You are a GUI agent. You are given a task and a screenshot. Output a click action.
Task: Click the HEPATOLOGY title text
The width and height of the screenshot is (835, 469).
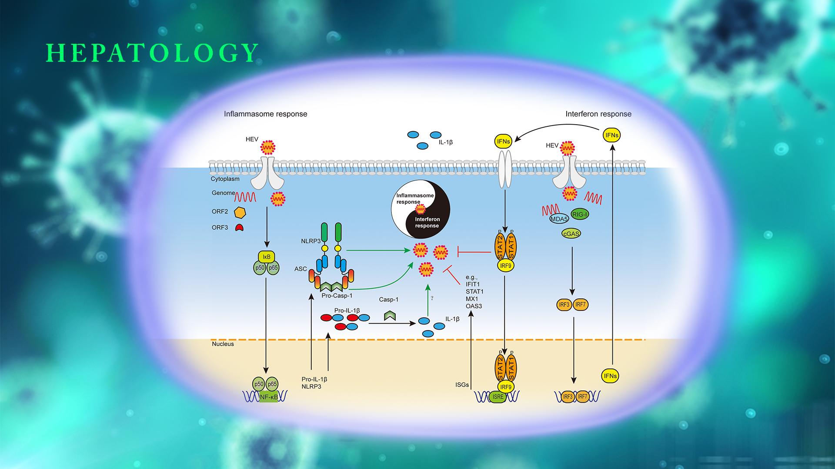tap(152, 53)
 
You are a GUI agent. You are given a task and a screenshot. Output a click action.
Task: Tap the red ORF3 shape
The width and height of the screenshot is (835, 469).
tap(239, 227)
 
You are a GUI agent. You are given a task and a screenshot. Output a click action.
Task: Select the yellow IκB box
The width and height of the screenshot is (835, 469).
tap(266, 257)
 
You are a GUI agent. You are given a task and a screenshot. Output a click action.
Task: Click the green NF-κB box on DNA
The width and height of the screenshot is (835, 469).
tap(268, 396)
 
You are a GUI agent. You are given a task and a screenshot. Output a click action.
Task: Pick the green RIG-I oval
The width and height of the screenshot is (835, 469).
tap(579, 214)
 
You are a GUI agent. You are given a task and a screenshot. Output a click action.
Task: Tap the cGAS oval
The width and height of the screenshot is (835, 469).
tap(571, 234)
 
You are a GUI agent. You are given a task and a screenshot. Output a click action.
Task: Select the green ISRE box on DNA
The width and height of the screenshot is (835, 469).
tap(498, 396)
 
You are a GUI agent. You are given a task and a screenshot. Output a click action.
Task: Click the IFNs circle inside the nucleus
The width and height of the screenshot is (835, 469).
tap(610, 376)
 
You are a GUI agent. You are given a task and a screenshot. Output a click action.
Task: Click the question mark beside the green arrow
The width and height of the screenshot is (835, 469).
tap(432, 298)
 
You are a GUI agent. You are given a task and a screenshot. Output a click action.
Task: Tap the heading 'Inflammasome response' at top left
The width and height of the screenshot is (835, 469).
tap(265, 114)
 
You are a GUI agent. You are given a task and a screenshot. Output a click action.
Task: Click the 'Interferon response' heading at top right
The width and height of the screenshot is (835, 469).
tap(598, 114)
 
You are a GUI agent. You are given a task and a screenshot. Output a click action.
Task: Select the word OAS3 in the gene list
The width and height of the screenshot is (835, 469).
tap(474, 306)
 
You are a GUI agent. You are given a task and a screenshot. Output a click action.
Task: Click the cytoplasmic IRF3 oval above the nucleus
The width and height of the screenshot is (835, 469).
tap(564, 305)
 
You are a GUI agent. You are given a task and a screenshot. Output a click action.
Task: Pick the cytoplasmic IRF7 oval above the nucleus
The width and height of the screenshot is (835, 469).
tap(581, 305)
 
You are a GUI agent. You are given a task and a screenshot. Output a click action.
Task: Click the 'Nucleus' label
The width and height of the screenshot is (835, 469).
tap(223, 344)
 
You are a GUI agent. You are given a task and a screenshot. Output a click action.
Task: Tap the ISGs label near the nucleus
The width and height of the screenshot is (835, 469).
tap(462, 385)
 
